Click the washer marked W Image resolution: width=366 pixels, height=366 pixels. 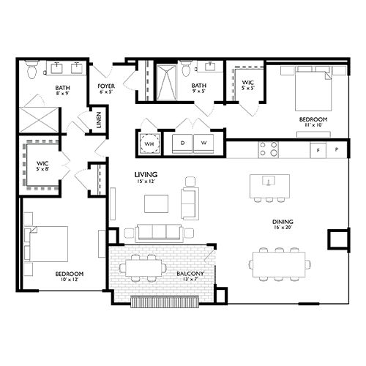203,143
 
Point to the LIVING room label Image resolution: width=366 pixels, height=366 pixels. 146,174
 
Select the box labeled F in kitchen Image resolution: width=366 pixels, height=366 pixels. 318,150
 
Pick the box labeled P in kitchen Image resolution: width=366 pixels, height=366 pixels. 337,150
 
